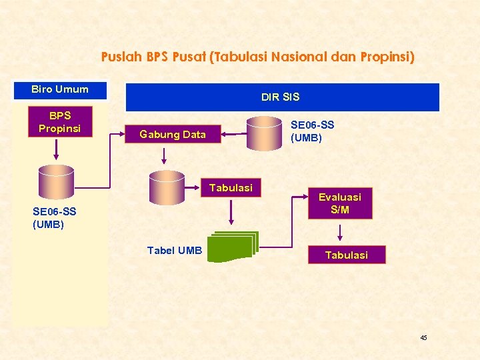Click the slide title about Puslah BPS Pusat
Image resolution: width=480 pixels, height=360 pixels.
click(x=257, y=57)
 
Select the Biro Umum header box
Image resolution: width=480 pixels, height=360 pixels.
click(x=60, y=89)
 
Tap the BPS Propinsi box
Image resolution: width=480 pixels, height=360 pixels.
click(x=59, y=122)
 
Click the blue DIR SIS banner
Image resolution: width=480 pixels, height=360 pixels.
click(x=282, y=97)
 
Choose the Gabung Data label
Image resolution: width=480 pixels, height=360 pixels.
click(x=173, y=135)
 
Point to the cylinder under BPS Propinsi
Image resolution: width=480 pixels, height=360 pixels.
click(x=56, y=182)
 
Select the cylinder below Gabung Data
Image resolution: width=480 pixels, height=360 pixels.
click(x=167, y=187)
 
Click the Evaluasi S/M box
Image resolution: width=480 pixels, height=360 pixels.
click(x=339, y=203)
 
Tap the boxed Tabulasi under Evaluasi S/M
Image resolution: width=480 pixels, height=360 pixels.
click(x=346, y=255)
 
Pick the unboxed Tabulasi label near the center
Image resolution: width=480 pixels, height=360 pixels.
click(x=231, y=188)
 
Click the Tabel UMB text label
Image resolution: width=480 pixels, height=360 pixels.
click(x=175, y=251)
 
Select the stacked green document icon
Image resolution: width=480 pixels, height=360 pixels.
click(x=233, y=247)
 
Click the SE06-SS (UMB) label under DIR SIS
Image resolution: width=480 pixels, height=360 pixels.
click(x=313, y=131)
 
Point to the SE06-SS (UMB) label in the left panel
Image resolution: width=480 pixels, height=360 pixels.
click(x=55, y=218)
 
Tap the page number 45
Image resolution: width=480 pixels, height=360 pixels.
click(x=423, y=338)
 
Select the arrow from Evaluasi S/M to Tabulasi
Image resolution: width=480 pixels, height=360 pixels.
click(x=340, y=233)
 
